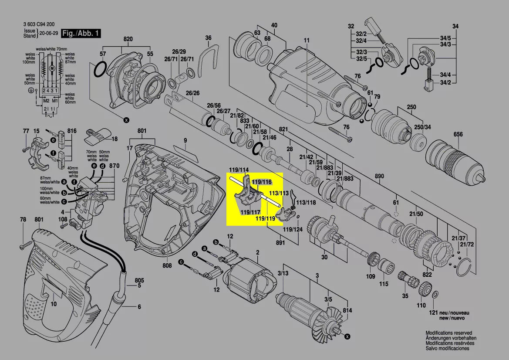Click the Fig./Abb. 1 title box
(x=81, y=34)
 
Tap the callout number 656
(x=458, y=135)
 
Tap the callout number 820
(x=128, y=39)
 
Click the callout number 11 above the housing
(x=307, y=41)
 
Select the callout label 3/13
(x=283, y=273)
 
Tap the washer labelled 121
(x=434, y=296)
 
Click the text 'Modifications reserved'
(x=448, y=333)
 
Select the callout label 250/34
(x=421, y=127)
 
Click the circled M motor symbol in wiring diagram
(x=52, y=69)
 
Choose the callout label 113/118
(x=306, y=203)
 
